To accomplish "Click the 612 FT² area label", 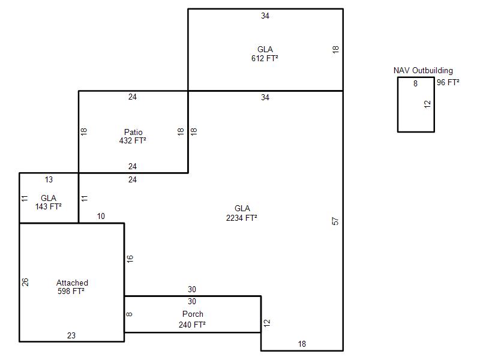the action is [265, 58].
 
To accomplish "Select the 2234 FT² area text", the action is [242, 218].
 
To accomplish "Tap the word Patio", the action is [133, 132].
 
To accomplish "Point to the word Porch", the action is [193, 314].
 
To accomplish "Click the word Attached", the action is [72, 283].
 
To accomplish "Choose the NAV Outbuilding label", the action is [423, 70].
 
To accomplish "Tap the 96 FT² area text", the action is [448, 82].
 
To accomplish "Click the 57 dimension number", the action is [335, 221].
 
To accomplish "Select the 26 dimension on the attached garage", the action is [25, 282].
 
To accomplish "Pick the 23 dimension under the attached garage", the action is [71, 335].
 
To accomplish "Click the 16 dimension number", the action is [130, 259].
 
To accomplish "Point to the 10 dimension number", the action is [101, 216].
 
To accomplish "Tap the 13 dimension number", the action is [49, 179].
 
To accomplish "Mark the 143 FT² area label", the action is [49, 206].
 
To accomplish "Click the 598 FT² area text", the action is [71, 291].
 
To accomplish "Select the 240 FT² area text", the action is [192, 325].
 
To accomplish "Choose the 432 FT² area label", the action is [133, 140].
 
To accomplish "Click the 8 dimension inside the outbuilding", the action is [415, 83].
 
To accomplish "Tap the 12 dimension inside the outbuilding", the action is [427, 104].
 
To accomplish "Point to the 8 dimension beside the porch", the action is [129, 314].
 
